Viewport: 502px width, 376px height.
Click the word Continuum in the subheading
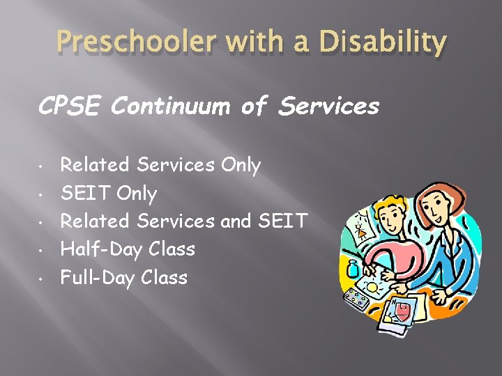click(170, 107)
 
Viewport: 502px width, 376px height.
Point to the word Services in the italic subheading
click(328, 107)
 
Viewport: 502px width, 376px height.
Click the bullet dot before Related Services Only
click(43, 166)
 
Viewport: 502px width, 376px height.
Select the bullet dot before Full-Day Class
click(43, 279)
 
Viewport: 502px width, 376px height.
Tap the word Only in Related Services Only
click(240, 165)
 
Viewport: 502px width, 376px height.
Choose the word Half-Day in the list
click(97, 249)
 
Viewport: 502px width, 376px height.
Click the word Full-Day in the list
click(98, 278)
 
